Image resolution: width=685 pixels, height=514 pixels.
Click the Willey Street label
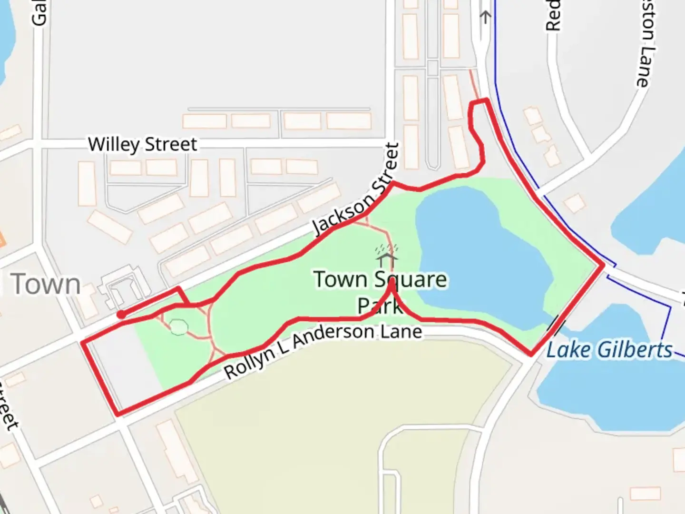pos(142,144)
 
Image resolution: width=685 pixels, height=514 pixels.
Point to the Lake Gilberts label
pos(609,350)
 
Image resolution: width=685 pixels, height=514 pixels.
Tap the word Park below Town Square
pos(380,306)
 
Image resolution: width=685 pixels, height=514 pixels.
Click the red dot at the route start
pos(122,315)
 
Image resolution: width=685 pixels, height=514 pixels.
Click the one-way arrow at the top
pos(485,18)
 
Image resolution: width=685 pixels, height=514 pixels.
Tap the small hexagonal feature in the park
pos(179,327)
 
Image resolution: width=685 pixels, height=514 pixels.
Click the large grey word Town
pos(46,285)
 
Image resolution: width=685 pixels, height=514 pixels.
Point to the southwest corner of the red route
pos(117,413)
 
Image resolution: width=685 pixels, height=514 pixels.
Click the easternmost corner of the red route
pos(603,265)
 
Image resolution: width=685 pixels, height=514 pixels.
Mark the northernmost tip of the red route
pos(486,100)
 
